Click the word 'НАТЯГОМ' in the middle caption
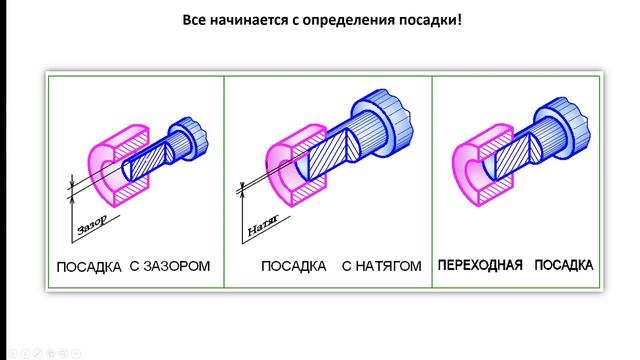click(x=385, y=267)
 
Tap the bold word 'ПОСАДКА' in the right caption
click(x=563, y=266)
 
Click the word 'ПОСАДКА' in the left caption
click(x=90, y=267)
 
